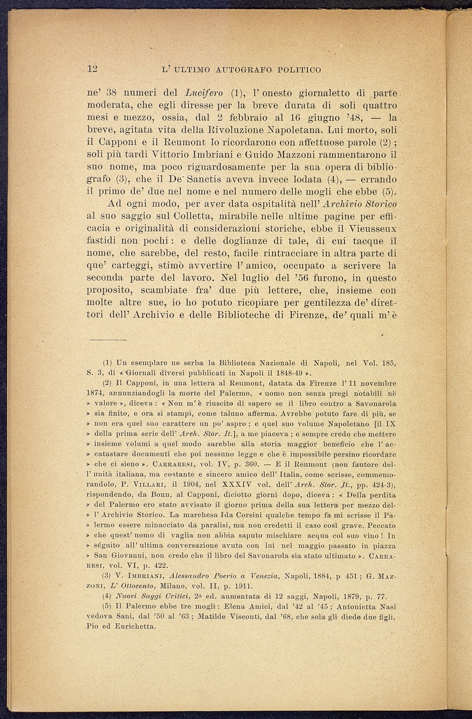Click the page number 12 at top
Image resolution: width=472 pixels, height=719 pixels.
click(x=91, y=70)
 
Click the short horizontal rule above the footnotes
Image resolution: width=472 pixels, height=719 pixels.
click(x=108, y=339)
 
